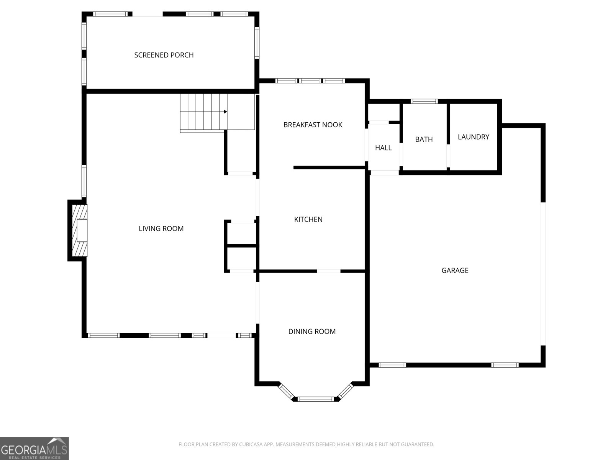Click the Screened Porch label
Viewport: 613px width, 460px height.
coord(164,55)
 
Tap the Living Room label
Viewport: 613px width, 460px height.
coord(161,229)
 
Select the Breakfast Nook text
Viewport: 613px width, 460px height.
coord(313,125)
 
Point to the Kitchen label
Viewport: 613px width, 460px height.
coord(308,220)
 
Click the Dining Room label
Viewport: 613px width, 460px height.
coord(312,332)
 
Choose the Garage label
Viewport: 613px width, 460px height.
coord(455,271)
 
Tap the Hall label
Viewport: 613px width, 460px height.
coord(383,148)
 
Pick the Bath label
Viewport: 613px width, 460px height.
coord(424,140)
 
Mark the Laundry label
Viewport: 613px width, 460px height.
coord(473,137)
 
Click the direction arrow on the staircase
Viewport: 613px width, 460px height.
coord(225,112)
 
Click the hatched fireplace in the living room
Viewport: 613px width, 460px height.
coord(80,230)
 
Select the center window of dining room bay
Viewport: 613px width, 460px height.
coord(316,399)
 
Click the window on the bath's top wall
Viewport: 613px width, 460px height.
coord(424,102)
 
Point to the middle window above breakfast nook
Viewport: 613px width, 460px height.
coord(310,81)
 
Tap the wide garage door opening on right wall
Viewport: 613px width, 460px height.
coord(543,274)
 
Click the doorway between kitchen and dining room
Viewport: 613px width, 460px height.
coord(328,271)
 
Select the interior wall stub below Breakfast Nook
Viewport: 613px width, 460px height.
coord(329,168)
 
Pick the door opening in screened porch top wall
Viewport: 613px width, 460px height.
coord(147,14)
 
